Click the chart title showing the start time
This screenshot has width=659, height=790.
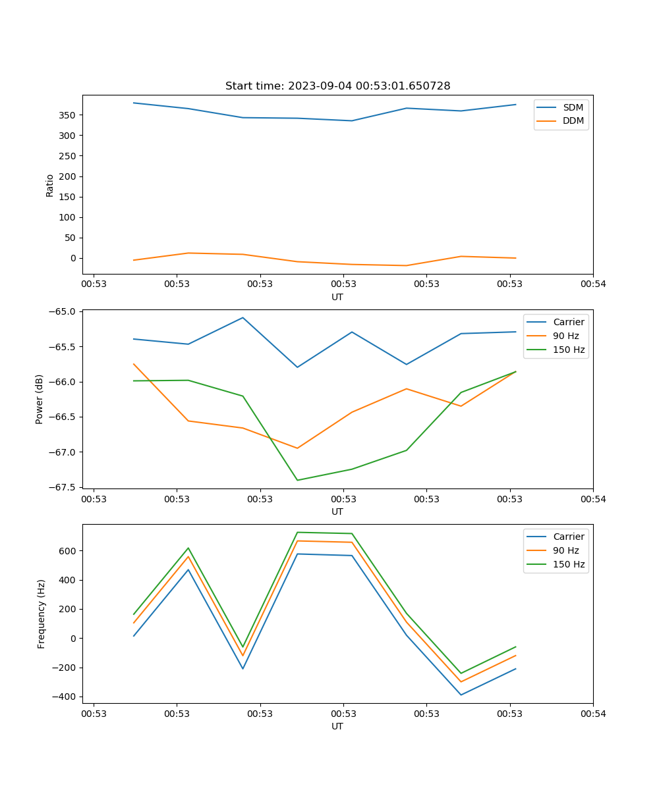click(337, 86)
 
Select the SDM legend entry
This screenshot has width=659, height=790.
click(573, 107)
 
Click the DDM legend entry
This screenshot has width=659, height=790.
click(573, 120)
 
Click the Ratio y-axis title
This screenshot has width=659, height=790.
click(50, 185)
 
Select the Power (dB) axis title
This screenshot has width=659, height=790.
click(40, 399)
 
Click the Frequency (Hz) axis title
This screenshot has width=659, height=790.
click(42, 614)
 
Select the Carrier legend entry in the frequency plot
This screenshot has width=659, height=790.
click(568, 537)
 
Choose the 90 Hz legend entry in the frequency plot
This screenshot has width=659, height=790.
click(566, 550)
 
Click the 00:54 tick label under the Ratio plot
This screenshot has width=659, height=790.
click(592, 285)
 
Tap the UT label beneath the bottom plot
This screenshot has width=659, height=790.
click(337, 726)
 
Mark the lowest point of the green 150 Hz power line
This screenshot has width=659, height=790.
click(297, 480)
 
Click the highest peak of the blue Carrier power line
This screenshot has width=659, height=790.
click(243, 317)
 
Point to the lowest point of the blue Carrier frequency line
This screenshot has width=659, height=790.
click(461, 695)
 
